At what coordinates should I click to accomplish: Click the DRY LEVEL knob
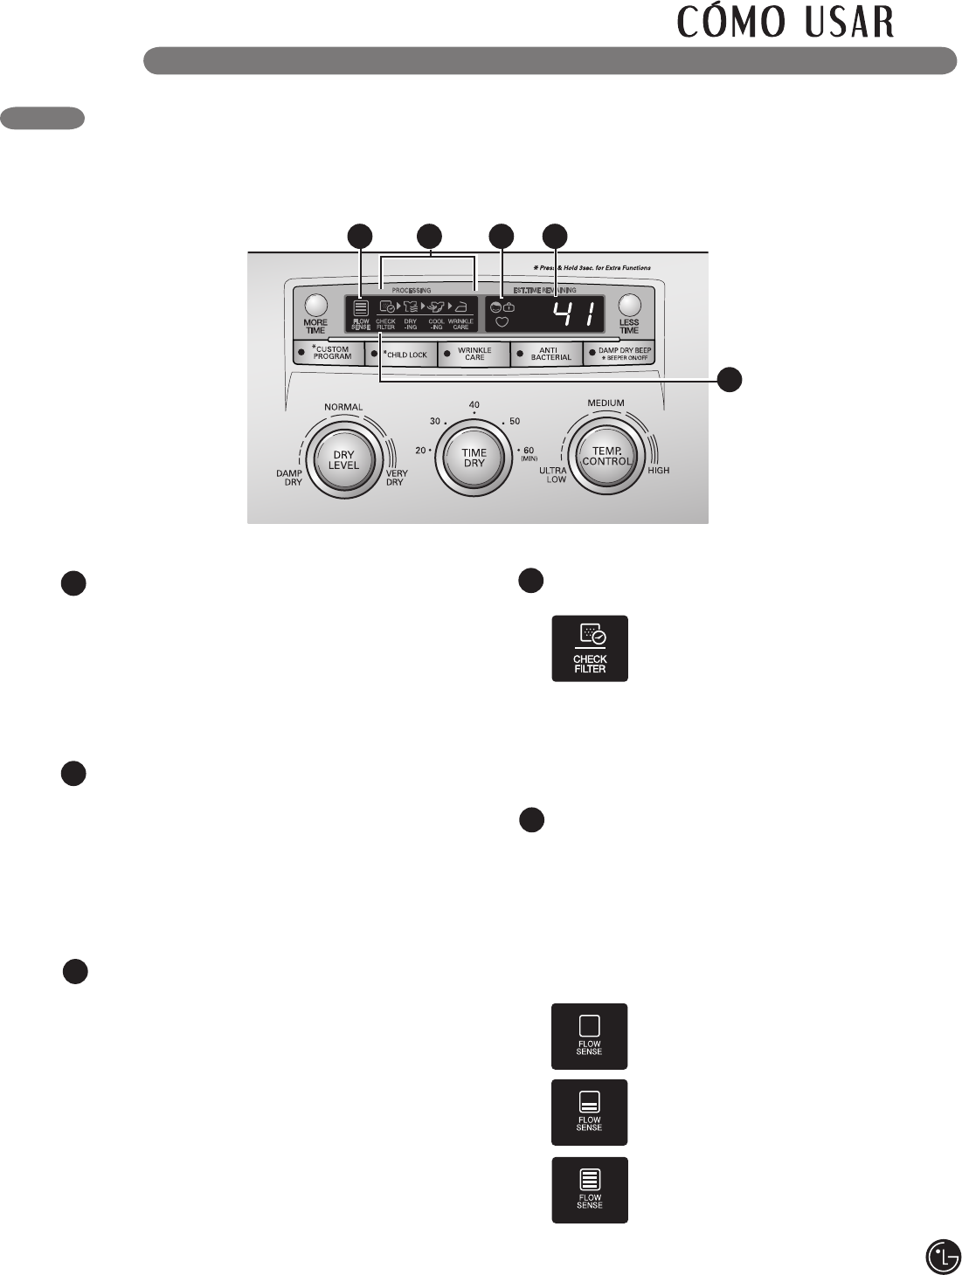[x=343, y=459]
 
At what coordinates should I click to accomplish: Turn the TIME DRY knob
[x=474, y=458]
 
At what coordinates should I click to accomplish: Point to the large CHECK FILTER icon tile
[x=590, y=649]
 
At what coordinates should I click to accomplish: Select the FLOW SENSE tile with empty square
[x=589, y=1036]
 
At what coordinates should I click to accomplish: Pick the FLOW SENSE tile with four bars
[x=589, y=1189]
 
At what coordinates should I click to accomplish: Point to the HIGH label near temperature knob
[x=659, y=470]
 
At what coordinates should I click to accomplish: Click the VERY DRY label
[x=396, y=478]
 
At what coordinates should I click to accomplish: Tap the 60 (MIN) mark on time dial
[x=529, y=453]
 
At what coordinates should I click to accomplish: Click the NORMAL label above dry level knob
[x=343, y=407]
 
